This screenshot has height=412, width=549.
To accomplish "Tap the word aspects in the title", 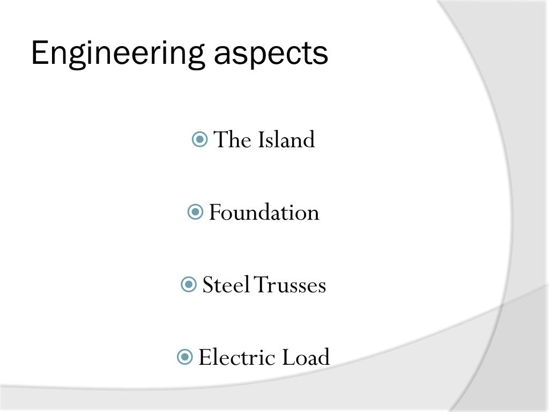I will (271, 54).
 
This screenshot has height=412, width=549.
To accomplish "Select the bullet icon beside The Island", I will (199, 140).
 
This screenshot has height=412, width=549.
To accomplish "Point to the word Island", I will (286, 140).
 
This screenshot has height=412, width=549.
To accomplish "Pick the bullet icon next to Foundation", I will (195, 212).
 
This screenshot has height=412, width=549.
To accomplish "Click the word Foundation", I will (264, 212).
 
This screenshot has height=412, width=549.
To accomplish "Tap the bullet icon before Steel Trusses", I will (189, 285).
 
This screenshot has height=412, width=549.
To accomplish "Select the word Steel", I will (226, 285).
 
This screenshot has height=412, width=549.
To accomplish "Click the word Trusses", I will (290, 285).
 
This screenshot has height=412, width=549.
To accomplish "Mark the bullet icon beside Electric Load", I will (184, 357).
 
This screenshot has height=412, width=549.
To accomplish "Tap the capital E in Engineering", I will (39, 53).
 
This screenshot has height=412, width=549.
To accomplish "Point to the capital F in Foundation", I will (214, 212).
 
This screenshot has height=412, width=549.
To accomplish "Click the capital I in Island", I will (262, 140).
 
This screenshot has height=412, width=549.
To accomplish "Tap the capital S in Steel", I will (207, 285).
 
